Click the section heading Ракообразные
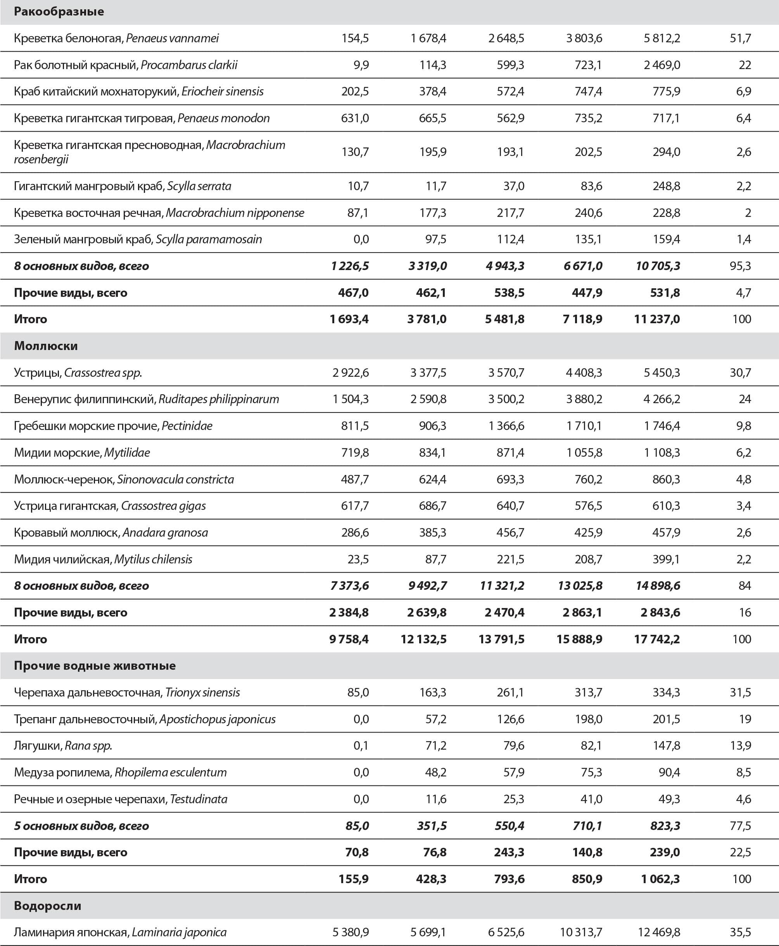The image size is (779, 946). pyautogui.click(x=59, y=12)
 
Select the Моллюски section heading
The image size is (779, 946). pyautogui.click(x=46, y=346)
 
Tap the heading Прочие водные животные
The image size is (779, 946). pyautogui.click(x=95, y=665)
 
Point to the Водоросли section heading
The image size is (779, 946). pyautogui.click(x=48, y=906)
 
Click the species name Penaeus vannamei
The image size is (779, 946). pyautogui.click(x=172, y=38)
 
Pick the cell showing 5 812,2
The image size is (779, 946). pyautogui.click(x=662, y=38)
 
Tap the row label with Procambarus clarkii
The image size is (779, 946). pyautogui.click(x=126, y=65)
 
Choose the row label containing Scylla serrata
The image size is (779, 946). pyautogui.click(x=123, y=186)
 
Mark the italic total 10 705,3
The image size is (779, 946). pyautogui.click(x=658, y=266)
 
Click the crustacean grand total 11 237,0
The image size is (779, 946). pyautogui.click(x=657, y=319)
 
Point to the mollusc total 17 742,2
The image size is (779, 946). pyautogui.click(x=657, y=639)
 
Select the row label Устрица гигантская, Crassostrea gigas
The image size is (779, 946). pyautogui.click(x=110, y=506)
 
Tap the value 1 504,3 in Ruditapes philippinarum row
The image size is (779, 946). pyautogui.click(x=351, y=399)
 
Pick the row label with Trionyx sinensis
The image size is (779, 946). pyautogui.click(x=127, y=692)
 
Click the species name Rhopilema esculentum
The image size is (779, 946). pyautogui.click(x=171, y=772)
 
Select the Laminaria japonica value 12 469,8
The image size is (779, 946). pyautogui.click(x=659, y=932)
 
